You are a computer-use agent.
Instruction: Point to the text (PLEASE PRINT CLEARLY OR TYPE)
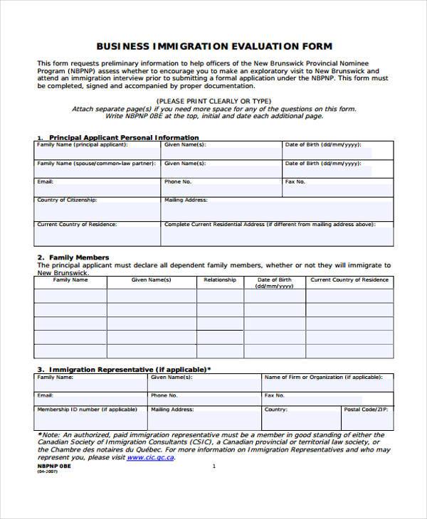(x=214, y=102)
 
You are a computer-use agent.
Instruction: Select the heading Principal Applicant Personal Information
(x=123, y=137)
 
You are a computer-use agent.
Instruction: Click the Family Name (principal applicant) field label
(x=83, y=144)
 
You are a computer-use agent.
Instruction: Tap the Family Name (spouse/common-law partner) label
(x=96, y=163)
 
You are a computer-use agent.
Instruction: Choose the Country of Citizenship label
(x=67, y=200)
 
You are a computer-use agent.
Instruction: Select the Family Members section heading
(x=78, y=257)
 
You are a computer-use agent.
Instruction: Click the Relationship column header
(x=220, y=280)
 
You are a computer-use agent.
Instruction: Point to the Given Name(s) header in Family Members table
(x=152, y=280)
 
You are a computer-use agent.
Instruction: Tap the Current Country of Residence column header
(x=349, y=280)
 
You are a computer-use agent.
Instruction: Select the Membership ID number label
(x=87, y=410)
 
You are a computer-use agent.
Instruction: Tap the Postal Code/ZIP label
(x=367, y=410)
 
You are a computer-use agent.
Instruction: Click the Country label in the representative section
(x=276, y=410)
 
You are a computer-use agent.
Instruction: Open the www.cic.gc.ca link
(x=150, y=458)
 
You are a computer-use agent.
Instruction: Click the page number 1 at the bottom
(x=213, y=466)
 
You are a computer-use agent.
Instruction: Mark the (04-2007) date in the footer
(x=47, y=472)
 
